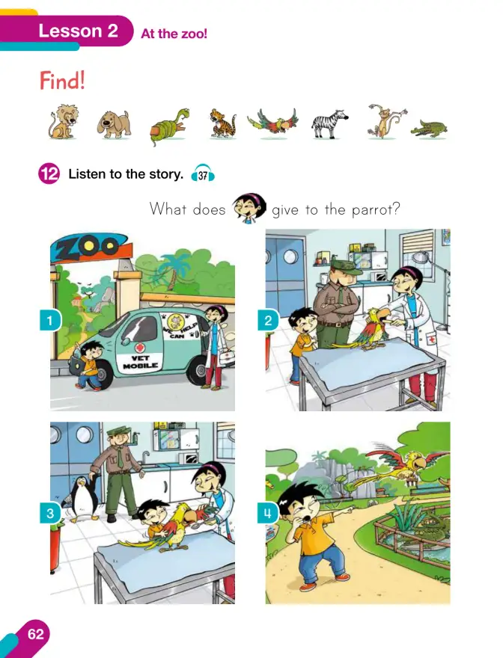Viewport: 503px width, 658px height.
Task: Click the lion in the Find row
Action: [63, 122]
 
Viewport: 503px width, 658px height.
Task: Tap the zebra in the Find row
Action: [330, 124]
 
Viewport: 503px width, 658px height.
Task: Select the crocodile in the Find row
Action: [429, 129]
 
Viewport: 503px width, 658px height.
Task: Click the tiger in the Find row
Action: [223, 123]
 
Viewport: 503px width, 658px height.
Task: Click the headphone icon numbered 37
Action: [203, 173]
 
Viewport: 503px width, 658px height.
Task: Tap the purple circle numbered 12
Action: [49, 173]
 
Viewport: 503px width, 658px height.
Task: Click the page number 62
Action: [35, 633]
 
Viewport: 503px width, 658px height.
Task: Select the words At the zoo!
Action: [174, 34]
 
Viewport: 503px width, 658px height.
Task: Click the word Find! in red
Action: [62, 80]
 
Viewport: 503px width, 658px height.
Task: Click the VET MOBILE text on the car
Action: [140, 362]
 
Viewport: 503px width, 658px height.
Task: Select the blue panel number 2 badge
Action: [268, 321]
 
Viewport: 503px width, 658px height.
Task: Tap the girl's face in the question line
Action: [249, 208]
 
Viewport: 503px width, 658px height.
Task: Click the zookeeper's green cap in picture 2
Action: [345, 267]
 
